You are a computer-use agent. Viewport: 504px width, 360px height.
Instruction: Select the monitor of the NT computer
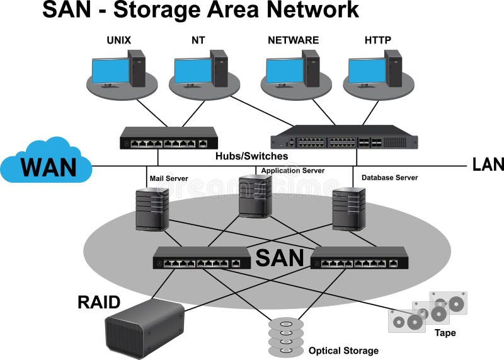point(193,71)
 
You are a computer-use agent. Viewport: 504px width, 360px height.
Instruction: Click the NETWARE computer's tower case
point(310,67)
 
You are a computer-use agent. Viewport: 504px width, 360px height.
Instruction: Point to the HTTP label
point(377,40)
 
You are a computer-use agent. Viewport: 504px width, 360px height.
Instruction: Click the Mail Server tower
point(152,209)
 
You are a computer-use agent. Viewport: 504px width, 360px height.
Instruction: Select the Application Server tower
point(255,196)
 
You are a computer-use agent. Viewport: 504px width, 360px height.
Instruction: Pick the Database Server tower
point(348,208)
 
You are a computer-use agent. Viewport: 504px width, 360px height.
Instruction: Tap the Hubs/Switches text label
point(251,156)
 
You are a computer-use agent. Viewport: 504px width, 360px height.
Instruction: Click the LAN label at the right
point(488,165)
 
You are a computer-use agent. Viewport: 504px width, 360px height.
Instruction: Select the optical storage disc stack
point(286,337)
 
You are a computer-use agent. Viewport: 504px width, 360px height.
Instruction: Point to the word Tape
point(445,332)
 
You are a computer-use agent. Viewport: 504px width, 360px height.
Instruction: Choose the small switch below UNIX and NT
point(169,138)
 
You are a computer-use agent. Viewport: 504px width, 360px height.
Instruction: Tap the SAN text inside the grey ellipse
point(280,258)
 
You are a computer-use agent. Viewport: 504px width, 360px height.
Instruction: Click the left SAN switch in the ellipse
point(201,257)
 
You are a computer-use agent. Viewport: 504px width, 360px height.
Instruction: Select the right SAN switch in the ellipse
point(358,257)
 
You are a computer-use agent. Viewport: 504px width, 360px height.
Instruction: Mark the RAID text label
point(99,302)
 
